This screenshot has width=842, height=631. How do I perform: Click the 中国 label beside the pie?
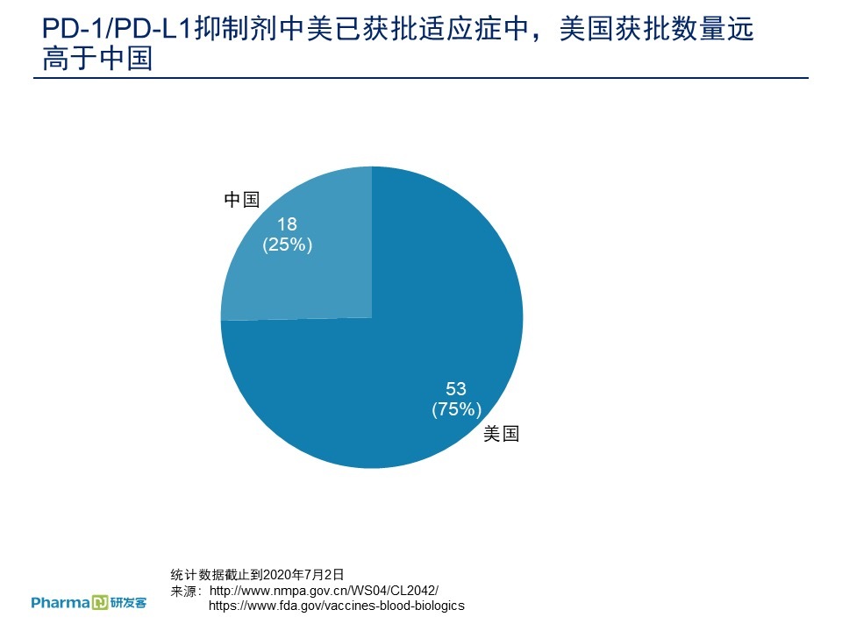click(241, 200)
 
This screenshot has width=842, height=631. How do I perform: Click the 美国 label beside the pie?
click(501, 434)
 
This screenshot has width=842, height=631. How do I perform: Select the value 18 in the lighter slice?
click(287, 224)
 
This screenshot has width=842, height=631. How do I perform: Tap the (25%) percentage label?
click(287, 245)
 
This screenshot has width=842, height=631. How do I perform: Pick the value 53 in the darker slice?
click(456, 388)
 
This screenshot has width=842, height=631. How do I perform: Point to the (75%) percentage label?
click(456, 409)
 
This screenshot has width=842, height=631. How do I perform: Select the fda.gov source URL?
click(336, 606)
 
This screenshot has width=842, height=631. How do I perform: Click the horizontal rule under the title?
click(421, 78)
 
